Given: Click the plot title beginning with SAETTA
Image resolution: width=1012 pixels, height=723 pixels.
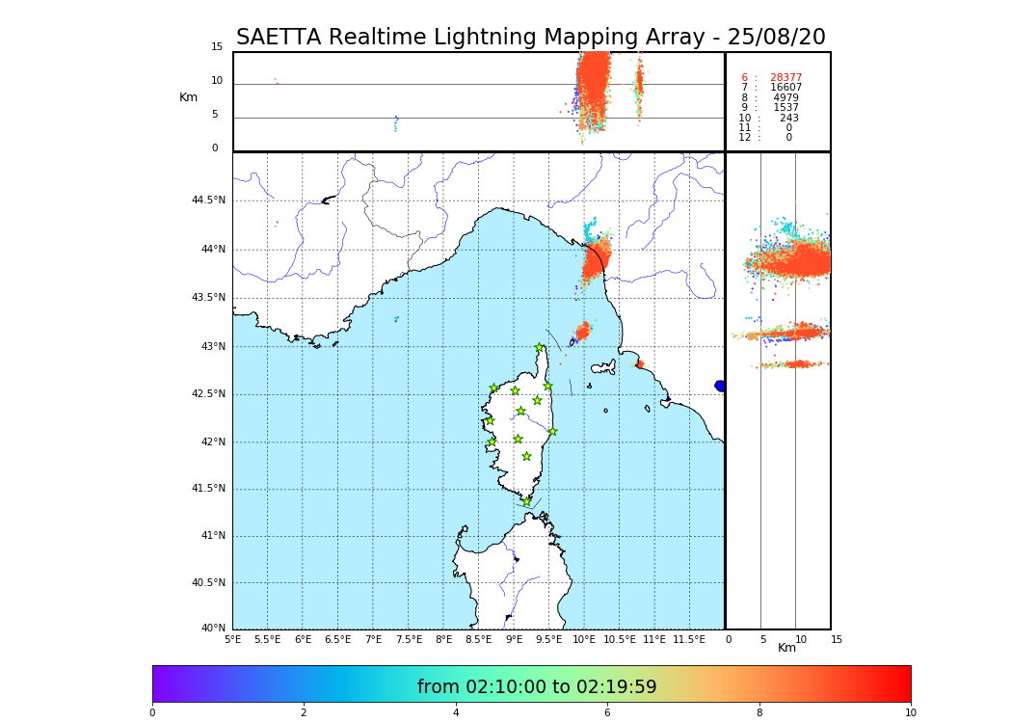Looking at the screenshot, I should [530, 38].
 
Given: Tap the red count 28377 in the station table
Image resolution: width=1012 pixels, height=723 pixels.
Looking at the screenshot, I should [786, 78].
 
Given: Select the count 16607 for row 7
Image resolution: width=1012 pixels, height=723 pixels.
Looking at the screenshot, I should [786, 88].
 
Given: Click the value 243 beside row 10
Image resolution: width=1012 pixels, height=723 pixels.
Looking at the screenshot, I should [789, 119].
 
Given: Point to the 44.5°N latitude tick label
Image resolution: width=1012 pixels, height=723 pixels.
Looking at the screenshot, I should [208, 201].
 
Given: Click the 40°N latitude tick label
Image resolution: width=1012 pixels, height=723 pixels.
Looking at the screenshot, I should [213, 629].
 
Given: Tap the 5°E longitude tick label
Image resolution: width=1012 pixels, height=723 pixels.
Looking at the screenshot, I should [233, 639].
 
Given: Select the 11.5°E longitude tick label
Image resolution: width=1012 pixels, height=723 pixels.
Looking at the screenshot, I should [689, 639].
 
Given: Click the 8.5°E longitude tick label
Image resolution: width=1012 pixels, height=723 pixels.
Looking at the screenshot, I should [479, 639].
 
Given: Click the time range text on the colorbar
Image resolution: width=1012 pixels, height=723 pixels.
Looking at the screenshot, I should [537, 687].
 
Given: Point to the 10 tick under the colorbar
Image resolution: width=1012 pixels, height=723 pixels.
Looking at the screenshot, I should [910, 713].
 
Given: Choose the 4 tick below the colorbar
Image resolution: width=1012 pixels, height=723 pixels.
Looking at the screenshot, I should [456, 713].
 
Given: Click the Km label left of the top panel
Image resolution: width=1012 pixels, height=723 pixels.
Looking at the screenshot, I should [188, 97].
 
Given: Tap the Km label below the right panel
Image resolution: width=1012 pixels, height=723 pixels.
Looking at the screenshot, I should [787, 648].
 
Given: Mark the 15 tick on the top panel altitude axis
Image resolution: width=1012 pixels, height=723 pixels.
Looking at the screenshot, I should [217, 47].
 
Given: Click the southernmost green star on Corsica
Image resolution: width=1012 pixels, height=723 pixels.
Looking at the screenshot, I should [526, 501].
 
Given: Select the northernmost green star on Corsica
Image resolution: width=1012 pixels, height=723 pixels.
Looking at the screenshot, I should [540, 347].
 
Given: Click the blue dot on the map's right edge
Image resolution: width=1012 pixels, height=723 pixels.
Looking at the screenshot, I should [720, 386].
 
